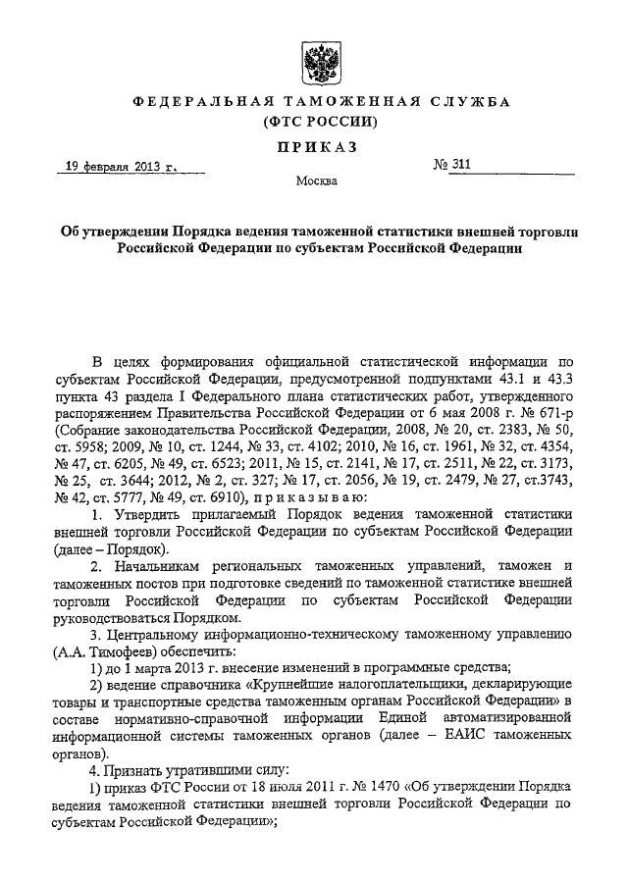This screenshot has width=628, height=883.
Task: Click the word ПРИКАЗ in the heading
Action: [314, 147]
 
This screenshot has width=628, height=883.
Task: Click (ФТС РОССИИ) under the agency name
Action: [314, 123]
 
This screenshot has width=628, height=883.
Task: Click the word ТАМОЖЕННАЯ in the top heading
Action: [314, 102]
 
